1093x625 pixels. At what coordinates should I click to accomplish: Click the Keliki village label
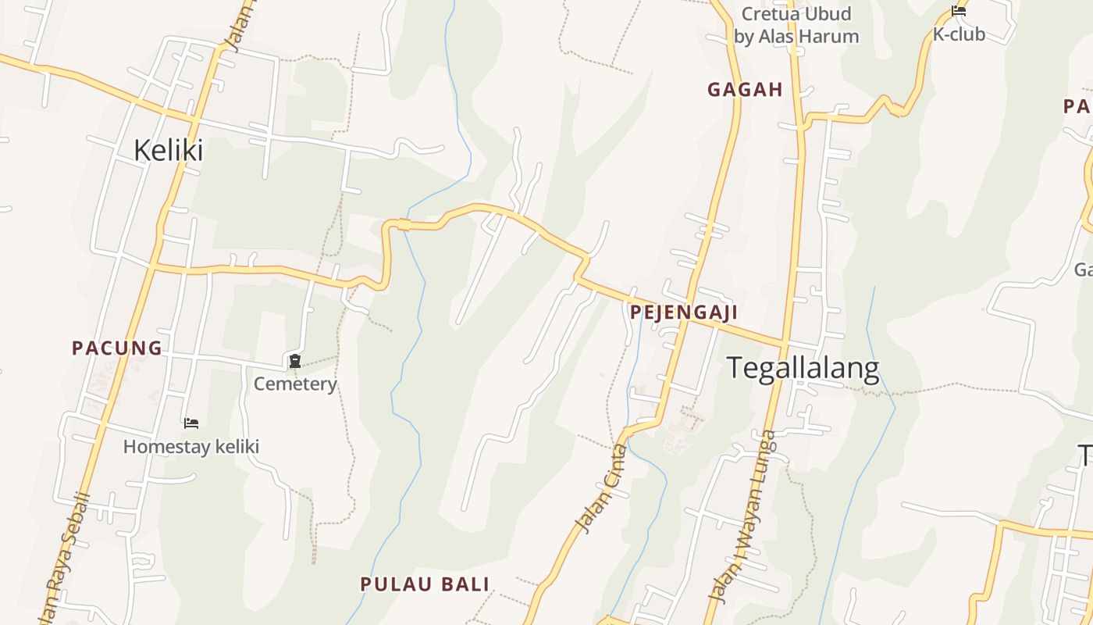(168, 150)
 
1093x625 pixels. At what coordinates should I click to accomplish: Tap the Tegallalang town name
(803, 367)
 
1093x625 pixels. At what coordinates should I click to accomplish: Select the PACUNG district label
(117, 348)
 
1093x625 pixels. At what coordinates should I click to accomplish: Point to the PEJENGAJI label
(683, 312)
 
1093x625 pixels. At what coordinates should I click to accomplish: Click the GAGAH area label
(745, 90)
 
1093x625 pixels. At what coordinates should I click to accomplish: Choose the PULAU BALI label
(425, 584)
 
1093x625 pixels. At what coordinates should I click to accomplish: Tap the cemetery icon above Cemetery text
(295, 361)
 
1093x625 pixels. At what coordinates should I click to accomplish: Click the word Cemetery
(295, 384)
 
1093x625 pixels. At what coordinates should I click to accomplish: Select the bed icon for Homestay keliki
(191, 423)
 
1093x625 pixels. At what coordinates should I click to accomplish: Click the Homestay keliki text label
(191, 447)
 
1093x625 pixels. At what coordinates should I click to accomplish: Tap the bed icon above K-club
(959, 11)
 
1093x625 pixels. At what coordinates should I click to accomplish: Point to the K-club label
(959, 34)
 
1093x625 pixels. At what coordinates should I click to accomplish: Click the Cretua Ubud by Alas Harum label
(796, 25)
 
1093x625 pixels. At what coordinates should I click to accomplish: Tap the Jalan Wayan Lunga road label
(741, 517)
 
